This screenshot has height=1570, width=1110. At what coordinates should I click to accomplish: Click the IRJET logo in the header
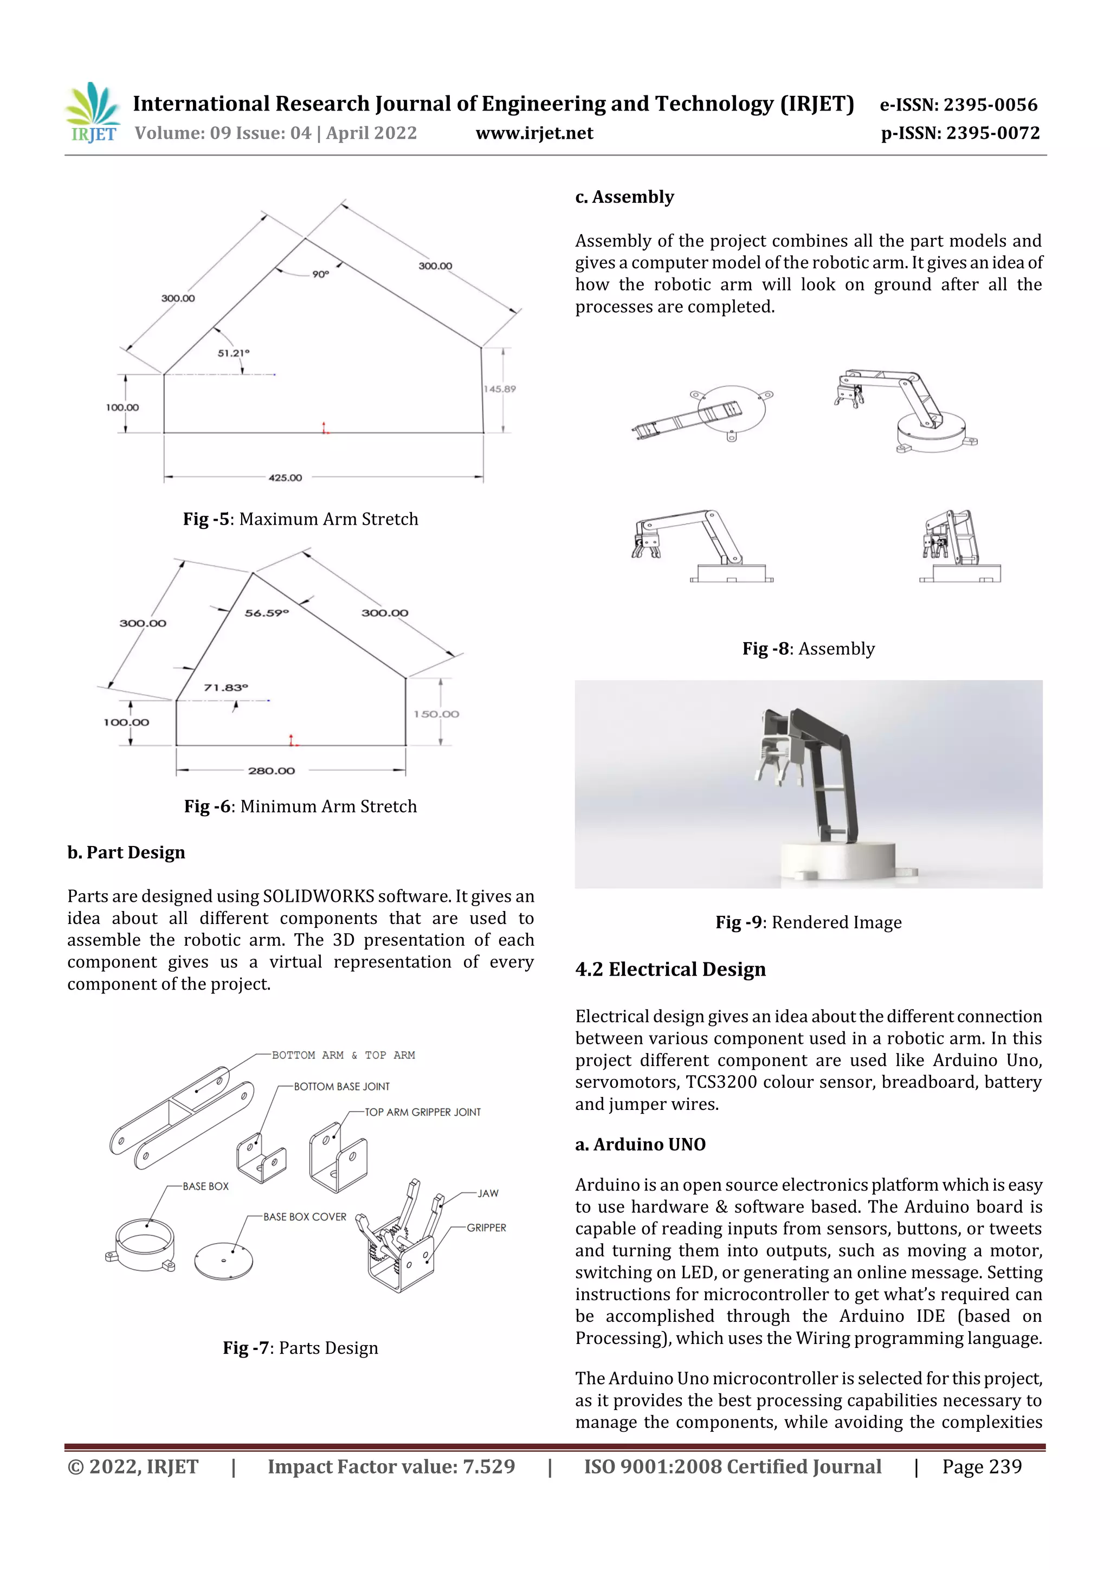pos(92,113)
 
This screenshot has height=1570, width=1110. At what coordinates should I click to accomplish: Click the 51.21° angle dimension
pos(233,353)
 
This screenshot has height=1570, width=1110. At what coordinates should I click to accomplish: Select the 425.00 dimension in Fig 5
pos(285,477)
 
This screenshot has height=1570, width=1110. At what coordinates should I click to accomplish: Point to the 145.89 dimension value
pos(500,389)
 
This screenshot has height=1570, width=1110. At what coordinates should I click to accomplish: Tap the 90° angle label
pos(320,274)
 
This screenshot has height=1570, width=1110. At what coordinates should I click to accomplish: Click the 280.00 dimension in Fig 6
pos(272,771)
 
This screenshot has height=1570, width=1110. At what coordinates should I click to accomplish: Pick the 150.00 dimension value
pos(436,714)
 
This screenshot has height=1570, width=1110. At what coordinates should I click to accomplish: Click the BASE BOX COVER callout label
pos(305,1217)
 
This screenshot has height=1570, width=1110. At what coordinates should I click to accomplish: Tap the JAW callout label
pos(488,1193)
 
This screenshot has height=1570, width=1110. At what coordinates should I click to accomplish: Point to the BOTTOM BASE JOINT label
pos(341,1086)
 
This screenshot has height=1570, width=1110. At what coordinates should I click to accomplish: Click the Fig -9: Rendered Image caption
pos(809,922)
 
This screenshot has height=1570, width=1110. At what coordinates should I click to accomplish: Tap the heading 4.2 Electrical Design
pos(670,969)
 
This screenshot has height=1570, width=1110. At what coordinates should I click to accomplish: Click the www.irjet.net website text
pos(534,133)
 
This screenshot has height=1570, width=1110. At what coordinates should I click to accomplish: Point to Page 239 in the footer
pos(982,1466)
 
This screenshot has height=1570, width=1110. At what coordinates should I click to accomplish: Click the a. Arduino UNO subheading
pos(640,1144)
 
